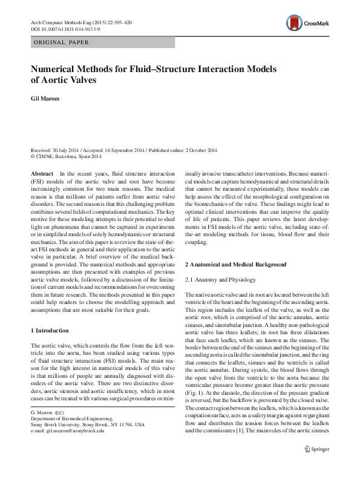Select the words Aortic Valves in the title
pos(71,79)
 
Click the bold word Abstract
pos(41,174)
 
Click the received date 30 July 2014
pos(70,150)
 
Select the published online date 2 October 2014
pos(195,150)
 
